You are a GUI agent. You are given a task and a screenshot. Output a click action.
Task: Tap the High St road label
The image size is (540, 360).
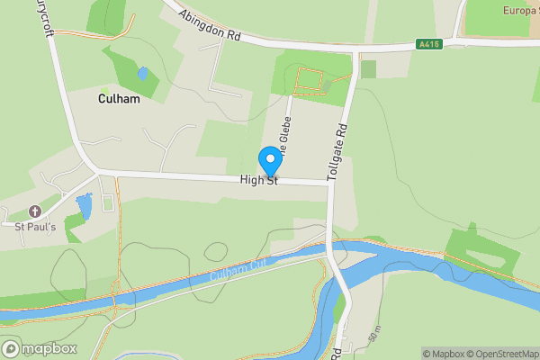(x=259, y=181)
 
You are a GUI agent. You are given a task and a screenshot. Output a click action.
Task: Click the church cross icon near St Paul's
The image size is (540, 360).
(x=35, y=211)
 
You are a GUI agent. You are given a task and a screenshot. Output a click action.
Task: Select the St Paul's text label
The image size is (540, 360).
(x=35, y=227)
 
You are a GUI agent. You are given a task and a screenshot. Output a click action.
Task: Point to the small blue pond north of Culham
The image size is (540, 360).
(x=142, y=73)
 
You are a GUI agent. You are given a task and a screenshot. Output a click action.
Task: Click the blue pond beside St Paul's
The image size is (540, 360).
(x=85, y=209)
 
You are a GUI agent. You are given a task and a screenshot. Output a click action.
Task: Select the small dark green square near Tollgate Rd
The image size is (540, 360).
(x=368, y=69)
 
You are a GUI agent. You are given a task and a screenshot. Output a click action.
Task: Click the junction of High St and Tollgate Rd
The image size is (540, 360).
(x=329, y=183)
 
